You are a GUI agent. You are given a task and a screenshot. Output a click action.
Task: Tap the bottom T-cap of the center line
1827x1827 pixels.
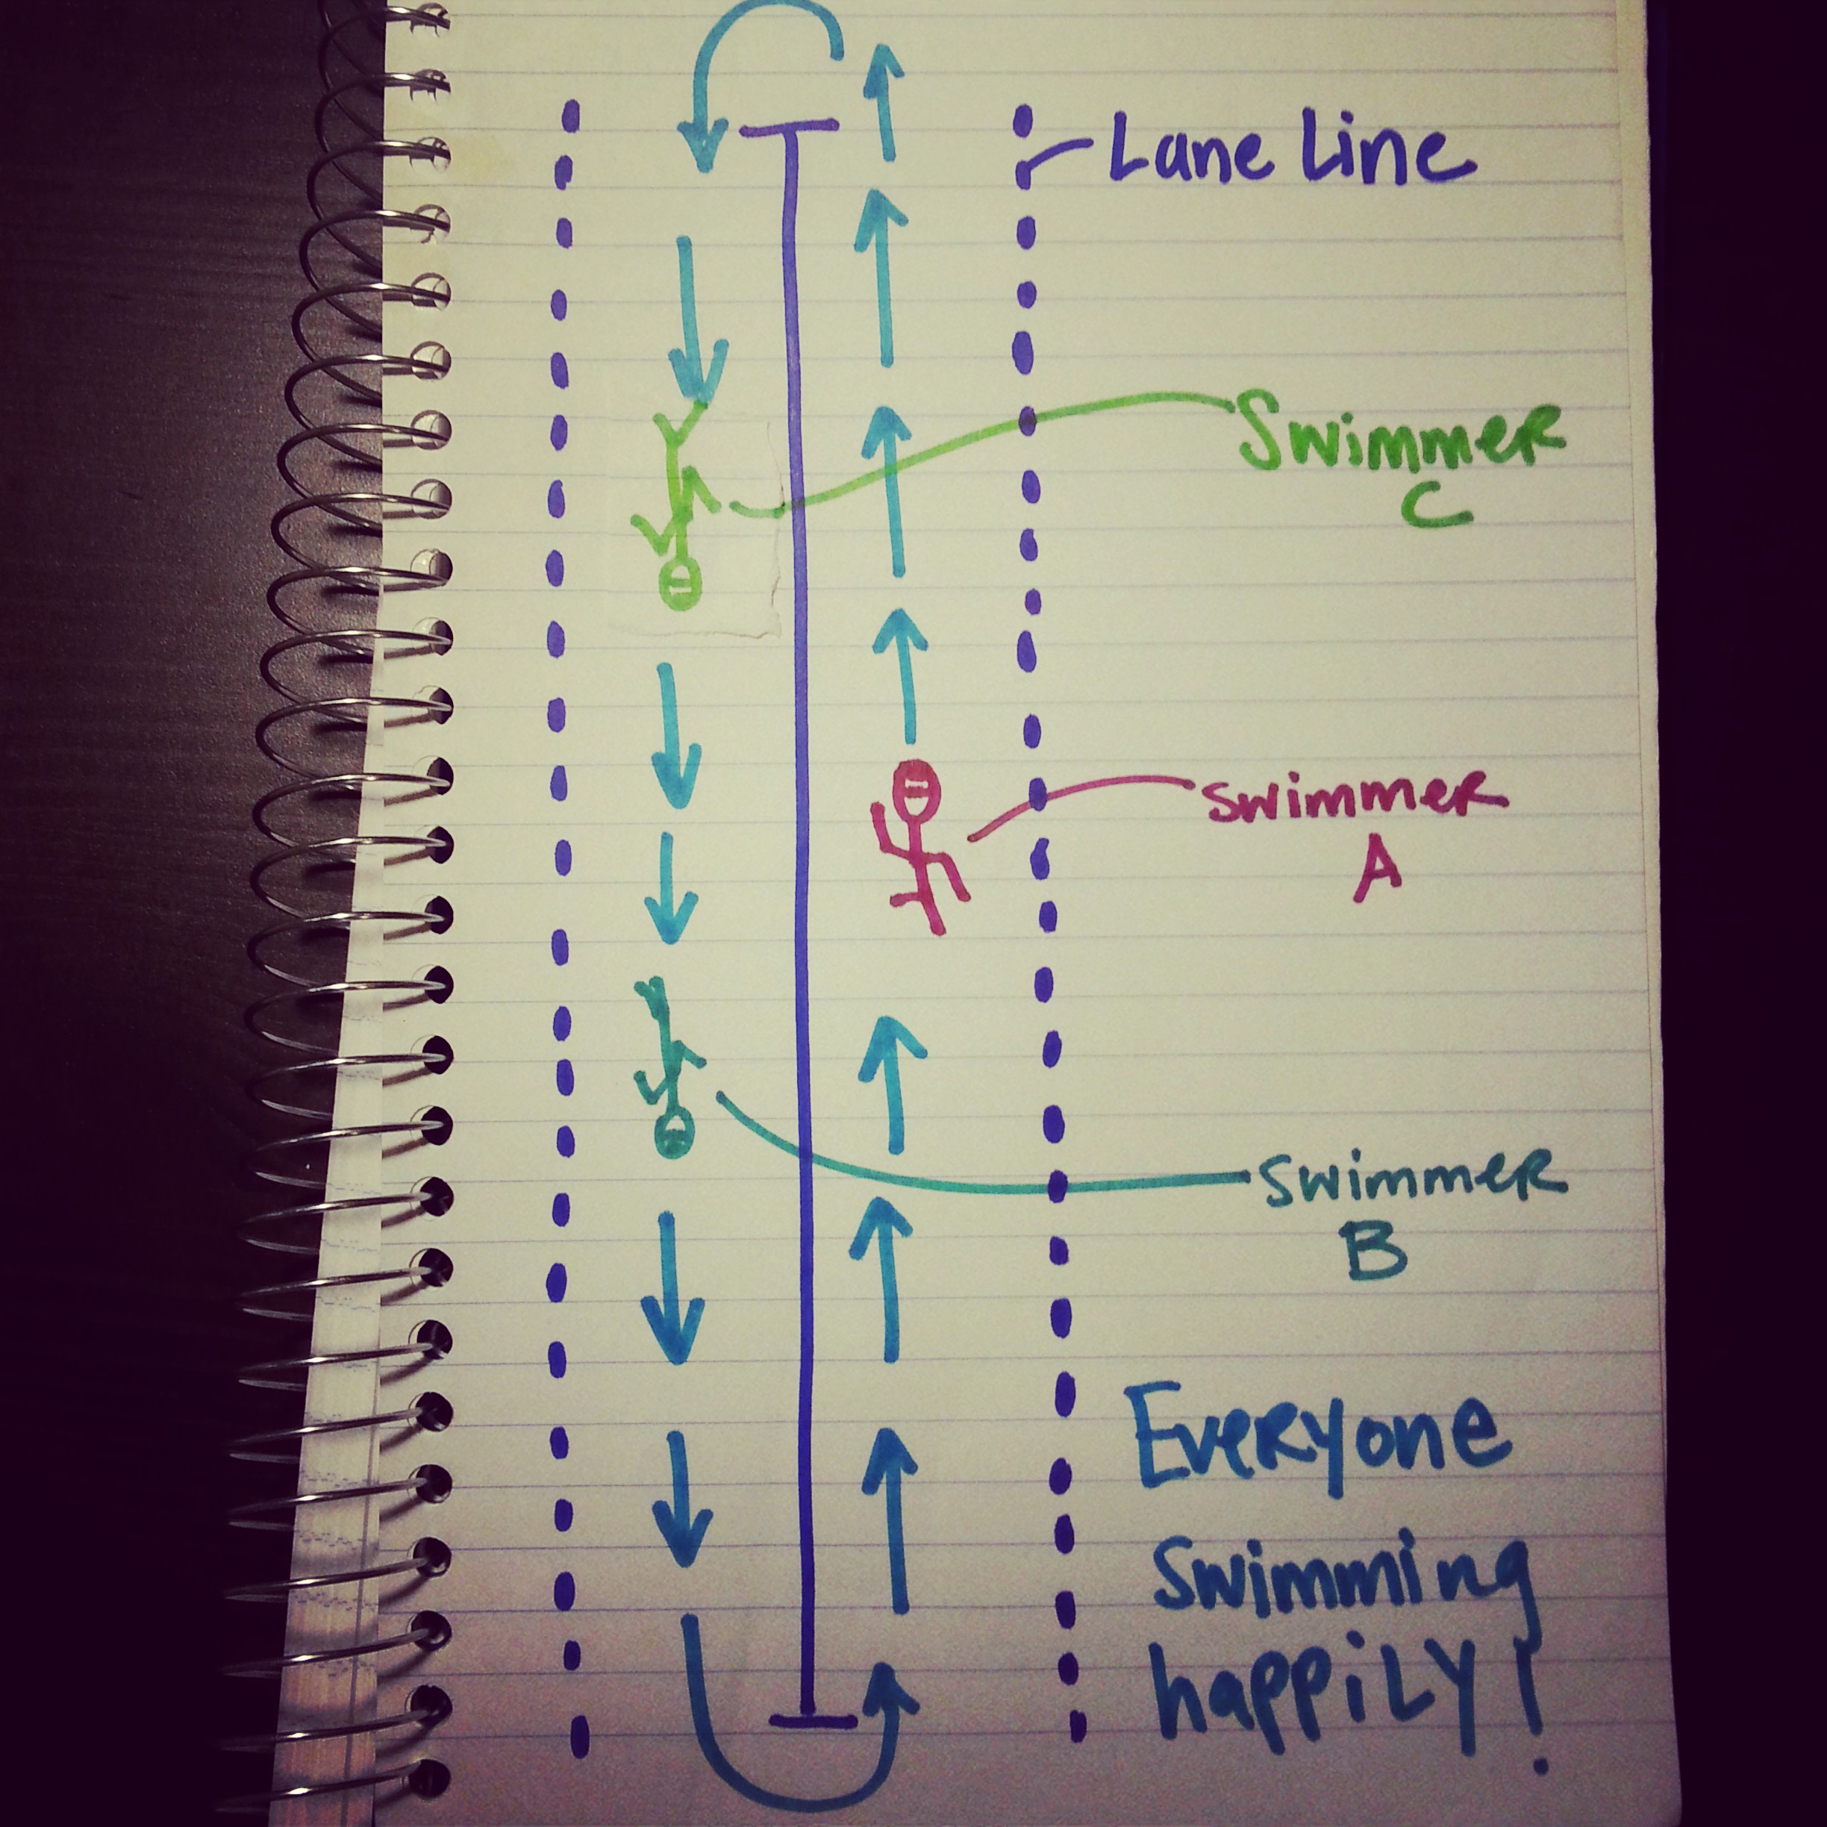(x=811, y=1720)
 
